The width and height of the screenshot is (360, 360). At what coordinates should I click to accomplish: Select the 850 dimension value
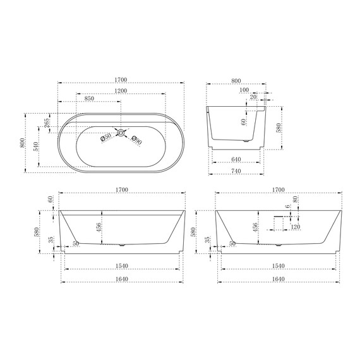pyautogui.click(x=90, y=99)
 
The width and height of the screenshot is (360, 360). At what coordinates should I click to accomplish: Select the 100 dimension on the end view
pyautogui.click(x=244, y=91)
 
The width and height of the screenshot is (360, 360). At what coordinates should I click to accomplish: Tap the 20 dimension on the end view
pyautogui.click(x=253, y=98)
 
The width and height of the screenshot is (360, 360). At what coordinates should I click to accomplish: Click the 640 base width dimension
pyautogui.click(x=237, y=159)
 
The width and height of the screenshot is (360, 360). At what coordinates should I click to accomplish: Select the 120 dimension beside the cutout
pyautogui.click(x=295, y=227)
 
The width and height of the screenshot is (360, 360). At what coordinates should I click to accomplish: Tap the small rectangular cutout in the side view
pyautogui.click(x=279, y=223)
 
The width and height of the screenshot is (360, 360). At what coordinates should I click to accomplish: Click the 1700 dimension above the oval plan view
pyautogui.click(x=121, y=80)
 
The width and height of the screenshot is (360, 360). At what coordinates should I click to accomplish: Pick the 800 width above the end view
pyautogui.click(x=236, y=80)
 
